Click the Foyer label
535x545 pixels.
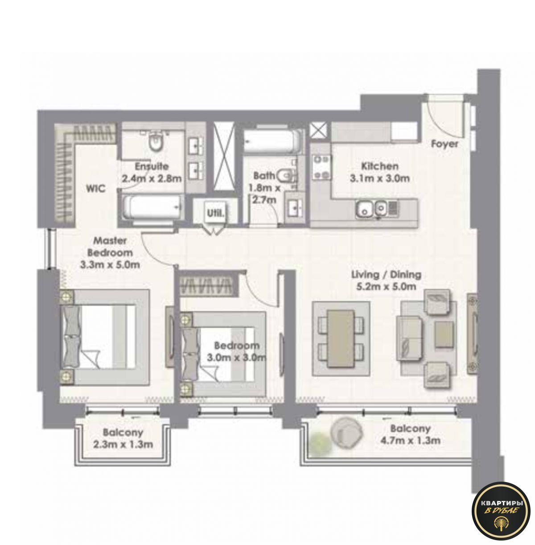pyautogui.click(x=444, y=144)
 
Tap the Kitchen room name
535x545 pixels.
pyautogui.click(x=379, y=166)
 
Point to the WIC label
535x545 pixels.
pyautogui.click(x=96, y=188)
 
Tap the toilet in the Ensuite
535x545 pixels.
pyautogui.click(x=155, y=142)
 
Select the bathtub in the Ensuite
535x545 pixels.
pyautogui.click(x=152, y=208)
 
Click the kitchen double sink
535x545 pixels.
pyautogui.click(x=371, y=208)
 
